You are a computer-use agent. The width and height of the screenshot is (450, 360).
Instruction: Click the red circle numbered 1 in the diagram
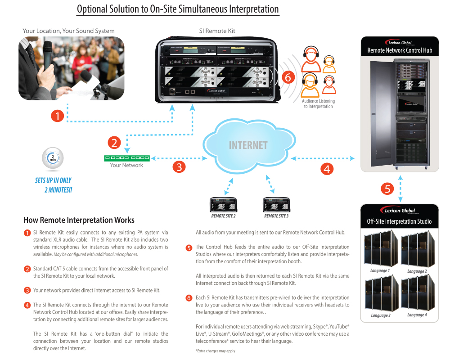(x=57, y=116)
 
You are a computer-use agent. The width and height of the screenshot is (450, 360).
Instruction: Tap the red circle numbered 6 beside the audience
(x=288, y=77)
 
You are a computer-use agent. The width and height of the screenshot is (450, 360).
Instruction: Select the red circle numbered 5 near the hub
(x=387, y=189)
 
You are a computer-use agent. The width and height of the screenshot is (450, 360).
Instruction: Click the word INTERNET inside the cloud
(x=248, y=145)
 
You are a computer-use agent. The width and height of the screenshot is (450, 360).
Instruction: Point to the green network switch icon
(x=127, y=158)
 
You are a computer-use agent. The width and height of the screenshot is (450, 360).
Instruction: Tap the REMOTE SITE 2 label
(x=224, y=216)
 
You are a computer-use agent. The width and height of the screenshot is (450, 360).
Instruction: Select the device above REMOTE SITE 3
(x=276, y=205)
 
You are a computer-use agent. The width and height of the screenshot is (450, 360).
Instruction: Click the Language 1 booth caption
(x=379, y=270)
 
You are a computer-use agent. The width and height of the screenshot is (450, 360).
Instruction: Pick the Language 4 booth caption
(x=416, y=315)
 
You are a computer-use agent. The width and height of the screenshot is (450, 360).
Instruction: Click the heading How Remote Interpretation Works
(x=79, y=220)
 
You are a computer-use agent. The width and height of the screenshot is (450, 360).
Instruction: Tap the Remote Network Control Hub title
(x=400, y=50)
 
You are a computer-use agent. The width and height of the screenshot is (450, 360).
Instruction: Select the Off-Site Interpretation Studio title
(x=399, y=221)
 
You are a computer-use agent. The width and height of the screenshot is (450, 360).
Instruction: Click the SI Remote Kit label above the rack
(x=217, y=31)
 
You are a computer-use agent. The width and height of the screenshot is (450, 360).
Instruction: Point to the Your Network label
(x=126, y=165)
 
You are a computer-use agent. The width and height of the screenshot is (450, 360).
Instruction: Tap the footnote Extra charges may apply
(x=215, y=351)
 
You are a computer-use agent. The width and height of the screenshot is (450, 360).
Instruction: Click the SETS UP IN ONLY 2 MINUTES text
(x=54, y=185)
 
